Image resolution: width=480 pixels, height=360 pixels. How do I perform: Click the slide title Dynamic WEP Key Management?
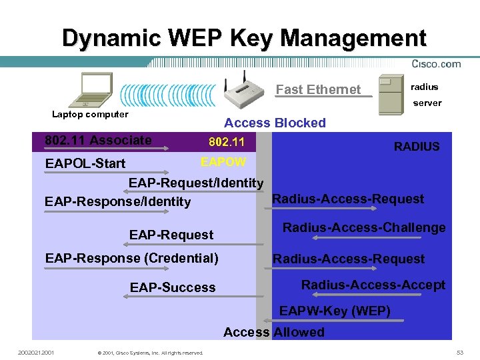coord(244,37)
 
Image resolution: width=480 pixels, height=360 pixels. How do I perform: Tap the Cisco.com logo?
coord(437,64)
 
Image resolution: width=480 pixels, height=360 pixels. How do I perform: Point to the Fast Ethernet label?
coord(318,89)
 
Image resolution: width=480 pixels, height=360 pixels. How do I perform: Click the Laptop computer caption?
coord(90,114)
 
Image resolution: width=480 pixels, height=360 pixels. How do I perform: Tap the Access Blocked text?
coord(275,123)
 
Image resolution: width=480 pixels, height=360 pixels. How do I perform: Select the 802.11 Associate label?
coord(98,140)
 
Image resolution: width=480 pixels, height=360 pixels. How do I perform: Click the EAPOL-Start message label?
coord(85,163)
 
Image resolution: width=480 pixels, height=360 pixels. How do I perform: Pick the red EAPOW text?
coord(223,162)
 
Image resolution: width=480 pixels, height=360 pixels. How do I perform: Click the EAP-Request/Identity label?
coord(196,183)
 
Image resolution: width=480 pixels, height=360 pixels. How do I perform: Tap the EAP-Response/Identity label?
coord(117,201)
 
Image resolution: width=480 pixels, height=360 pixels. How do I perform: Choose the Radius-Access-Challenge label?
coord(364,227)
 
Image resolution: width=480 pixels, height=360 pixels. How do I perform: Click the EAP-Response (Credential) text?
coord(131,258)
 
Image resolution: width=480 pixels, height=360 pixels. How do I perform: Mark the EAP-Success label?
coord(173,287)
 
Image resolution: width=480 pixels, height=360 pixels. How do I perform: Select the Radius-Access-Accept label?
coord(373,285)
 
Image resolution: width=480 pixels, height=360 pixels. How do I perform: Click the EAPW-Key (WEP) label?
coord(335,311)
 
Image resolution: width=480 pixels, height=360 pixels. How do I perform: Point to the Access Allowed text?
coord(274,332)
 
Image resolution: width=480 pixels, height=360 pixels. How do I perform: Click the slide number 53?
coord(459,351)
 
